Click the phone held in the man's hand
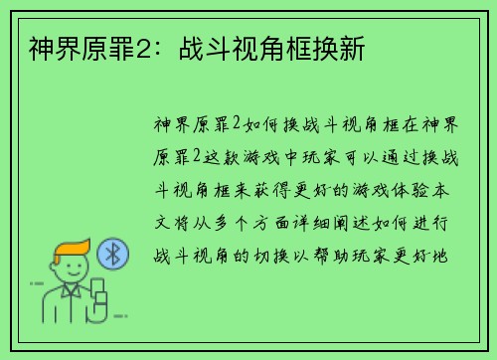click(x=98, y=296)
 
